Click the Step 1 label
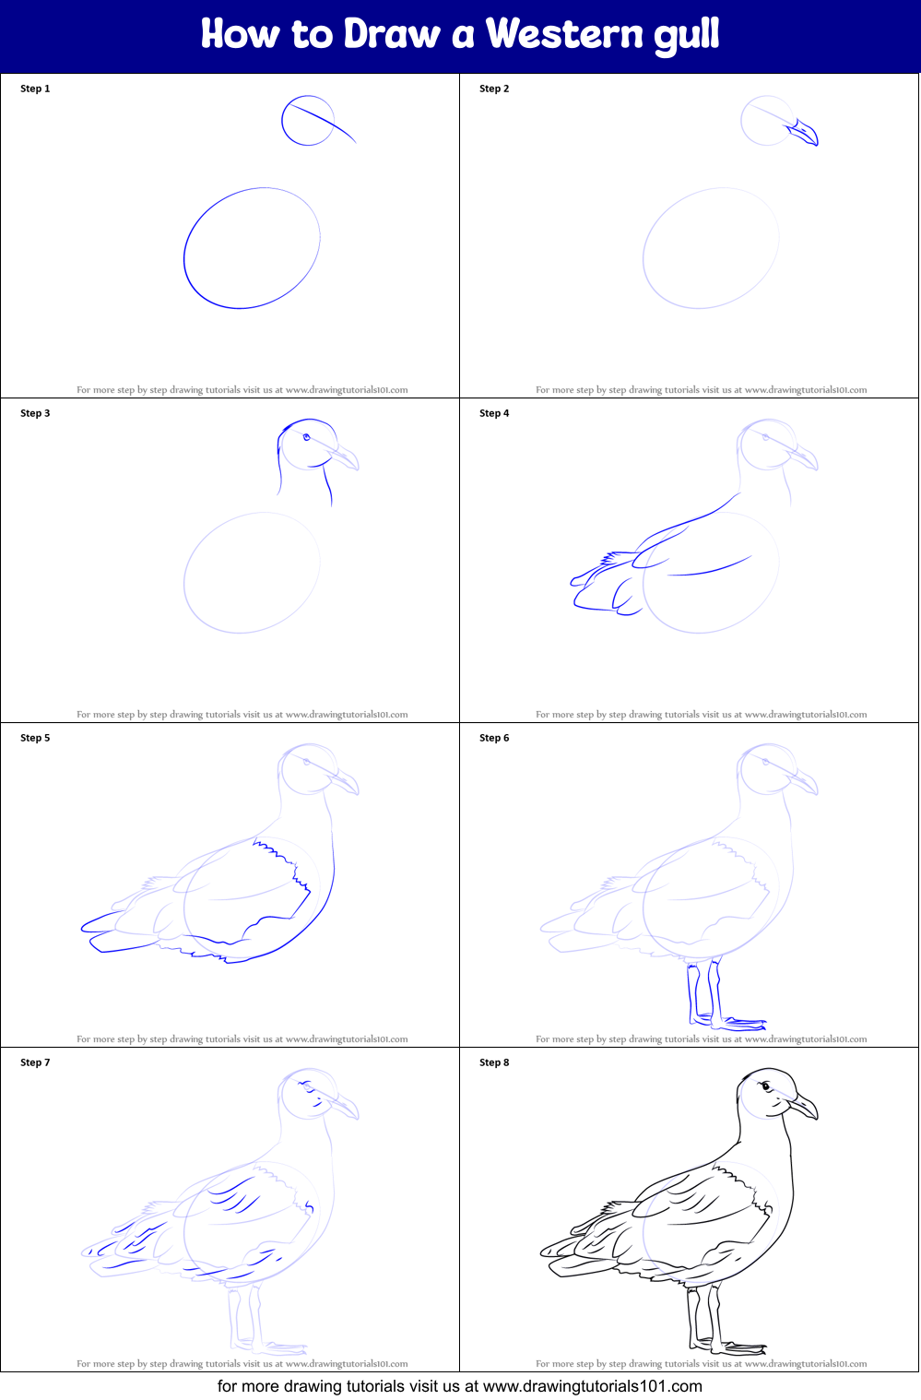(35, 89)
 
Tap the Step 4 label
(494, 413)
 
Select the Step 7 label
(35, 1062)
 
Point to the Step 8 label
(494, 1062)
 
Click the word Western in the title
(564, 34)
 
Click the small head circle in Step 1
(307, 121)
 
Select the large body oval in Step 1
(252, 247)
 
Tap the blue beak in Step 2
(804, 133)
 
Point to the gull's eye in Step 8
(765, 1086)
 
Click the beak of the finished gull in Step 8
(803, 1106)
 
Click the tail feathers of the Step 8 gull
(562, 1254)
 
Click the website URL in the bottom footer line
(592, 1386)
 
